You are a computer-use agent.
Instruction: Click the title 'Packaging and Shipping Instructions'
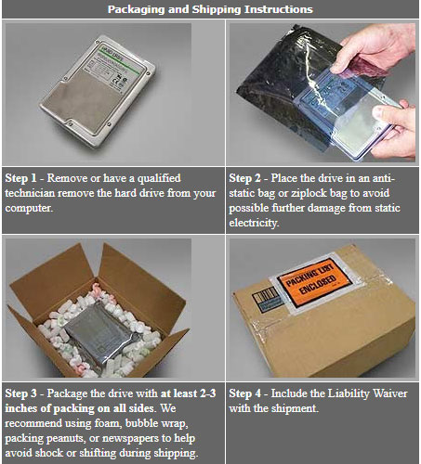(x=210, y=9)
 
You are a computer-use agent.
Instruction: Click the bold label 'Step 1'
(x=20, y=178)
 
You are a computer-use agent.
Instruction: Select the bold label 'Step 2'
(x=244, y=178)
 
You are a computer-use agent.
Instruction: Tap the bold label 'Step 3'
(x=20, y=393)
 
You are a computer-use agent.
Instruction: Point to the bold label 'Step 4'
(x=244, y=393)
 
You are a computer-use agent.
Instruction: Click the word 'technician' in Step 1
(x=30, y=193)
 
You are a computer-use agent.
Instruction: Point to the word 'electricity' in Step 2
(x=254, y=223)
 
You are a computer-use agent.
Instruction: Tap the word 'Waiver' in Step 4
(x=390, y=393)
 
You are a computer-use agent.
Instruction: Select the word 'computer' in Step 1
(x=28, y=208)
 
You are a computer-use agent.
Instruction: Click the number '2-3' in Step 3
(x=207, y=393)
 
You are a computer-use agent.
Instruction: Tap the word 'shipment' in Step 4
(x=295, y=408)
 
